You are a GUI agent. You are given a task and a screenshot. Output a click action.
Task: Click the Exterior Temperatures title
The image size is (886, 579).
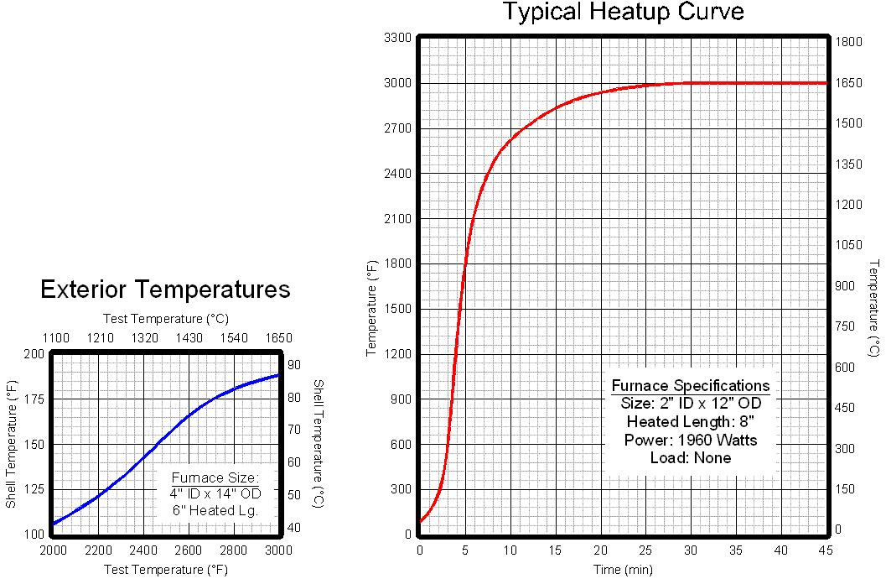[165, 289]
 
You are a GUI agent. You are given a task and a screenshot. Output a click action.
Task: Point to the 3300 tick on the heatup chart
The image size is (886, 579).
[396, 38]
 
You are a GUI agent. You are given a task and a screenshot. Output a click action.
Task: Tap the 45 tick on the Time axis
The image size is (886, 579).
[826, 550]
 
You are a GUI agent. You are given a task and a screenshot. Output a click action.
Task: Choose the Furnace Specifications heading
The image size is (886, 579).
[690, 386]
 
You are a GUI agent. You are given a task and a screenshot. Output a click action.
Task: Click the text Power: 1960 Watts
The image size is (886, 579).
[690, 440]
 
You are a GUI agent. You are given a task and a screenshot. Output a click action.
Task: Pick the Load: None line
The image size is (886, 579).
[690, 458]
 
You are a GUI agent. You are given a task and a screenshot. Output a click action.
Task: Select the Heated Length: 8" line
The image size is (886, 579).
[690, 421]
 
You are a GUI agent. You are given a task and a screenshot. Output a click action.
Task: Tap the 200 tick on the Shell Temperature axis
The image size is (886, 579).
[34, 354]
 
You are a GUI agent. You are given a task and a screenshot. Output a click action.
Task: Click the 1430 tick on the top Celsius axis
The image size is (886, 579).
[189, 338]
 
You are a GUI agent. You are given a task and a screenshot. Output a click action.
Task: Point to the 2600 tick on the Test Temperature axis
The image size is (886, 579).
[189, 550]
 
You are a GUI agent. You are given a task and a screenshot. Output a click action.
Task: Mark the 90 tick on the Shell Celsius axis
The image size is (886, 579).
[294, 365]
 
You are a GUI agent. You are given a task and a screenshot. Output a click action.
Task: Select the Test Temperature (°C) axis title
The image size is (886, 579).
[165, 319]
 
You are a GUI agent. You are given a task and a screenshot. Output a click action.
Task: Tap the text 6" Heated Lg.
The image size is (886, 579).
[216, 509]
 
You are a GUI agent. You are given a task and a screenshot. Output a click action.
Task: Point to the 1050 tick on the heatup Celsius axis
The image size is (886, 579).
[849, 245]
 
